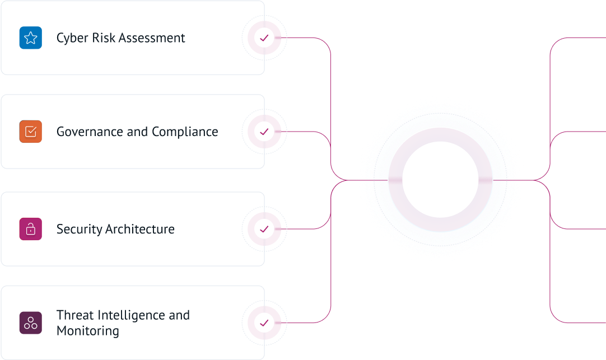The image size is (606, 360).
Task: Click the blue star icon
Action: (30, 38)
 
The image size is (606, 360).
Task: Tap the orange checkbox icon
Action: (31, 132)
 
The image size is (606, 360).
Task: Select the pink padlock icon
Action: (31, 229)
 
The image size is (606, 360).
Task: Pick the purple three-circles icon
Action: (31, 323)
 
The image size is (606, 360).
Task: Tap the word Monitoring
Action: (88, 331)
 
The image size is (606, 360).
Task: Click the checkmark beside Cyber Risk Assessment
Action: (264, 38)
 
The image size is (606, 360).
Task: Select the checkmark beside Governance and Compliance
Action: (264, 132)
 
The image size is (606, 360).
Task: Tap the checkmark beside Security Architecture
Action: (264, 229)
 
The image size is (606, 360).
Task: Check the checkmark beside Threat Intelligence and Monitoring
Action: (264, 323)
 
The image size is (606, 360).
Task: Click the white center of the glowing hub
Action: (440, 180)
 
